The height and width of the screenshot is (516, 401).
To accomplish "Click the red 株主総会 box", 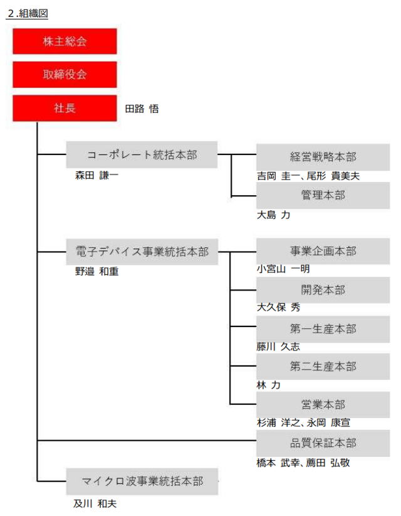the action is [x=65, y=41].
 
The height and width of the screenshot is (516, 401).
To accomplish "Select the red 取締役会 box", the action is [x=65, y=74].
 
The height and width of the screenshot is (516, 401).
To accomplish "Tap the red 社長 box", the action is [x=65, y=108].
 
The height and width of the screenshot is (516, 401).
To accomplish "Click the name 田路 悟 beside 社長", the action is [x=142, y=109].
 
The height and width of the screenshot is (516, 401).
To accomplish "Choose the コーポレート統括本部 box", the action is [x=142, y=154].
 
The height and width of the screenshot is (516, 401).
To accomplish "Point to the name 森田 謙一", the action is [x=96, y=175].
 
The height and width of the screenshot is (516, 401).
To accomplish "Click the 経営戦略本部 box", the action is [x=323, y=157].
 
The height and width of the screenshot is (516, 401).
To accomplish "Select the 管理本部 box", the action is [x=323, y=195].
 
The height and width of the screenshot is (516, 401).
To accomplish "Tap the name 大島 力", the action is [x=274, y=215].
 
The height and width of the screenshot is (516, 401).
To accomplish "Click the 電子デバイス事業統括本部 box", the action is [x=142, y=252].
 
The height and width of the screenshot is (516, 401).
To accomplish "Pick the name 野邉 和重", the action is [x=97, y=271].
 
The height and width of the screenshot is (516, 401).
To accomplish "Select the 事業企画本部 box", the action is [x=323, y=251].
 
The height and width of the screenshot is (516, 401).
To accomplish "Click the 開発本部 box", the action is [x=323, y=290].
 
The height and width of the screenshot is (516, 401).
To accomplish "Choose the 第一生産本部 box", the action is [x=323, y=329].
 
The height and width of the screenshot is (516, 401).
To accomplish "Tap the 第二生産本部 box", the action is [x=323, y=367].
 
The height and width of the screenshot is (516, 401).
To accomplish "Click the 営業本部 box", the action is [x=323, y=405].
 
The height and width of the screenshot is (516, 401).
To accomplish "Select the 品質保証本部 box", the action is [x=323, y=443].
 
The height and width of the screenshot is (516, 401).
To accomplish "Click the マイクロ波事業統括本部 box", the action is [x=142, y=481].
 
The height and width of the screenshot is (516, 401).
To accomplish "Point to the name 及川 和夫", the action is [x=95, y=503].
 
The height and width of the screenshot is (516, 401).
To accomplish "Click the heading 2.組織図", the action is [x=28, y=13].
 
